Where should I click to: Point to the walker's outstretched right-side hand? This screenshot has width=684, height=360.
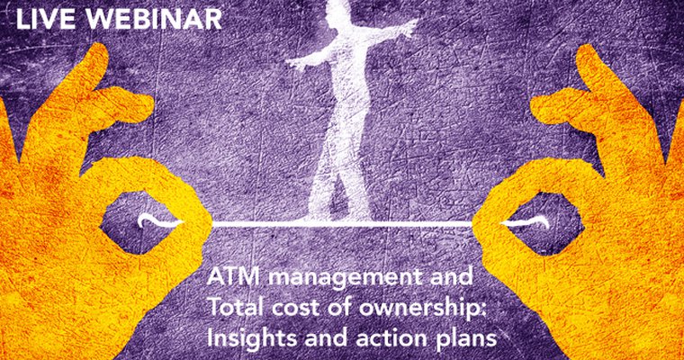(x=410, y=29)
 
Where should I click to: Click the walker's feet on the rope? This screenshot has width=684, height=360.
(x=337, y=212)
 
